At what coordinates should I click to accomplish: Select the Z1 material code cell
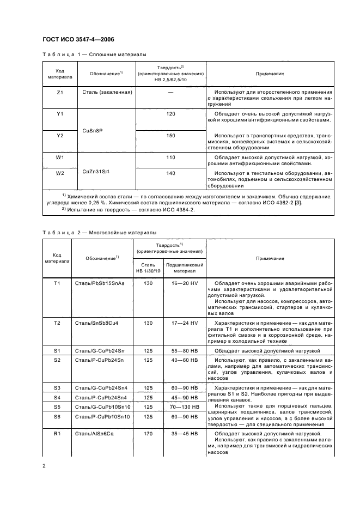60,93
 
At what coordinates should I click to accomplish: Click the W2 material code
60,174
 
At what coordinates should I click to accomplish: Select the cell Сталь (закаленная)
107,93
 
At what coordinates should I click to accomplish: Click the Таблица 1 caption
94,54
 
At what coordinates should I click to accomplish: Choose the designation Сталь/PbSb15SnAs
100,284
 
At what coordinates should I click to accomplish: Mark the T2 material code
57,323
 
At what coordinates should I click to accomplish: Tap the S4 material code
57,397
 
